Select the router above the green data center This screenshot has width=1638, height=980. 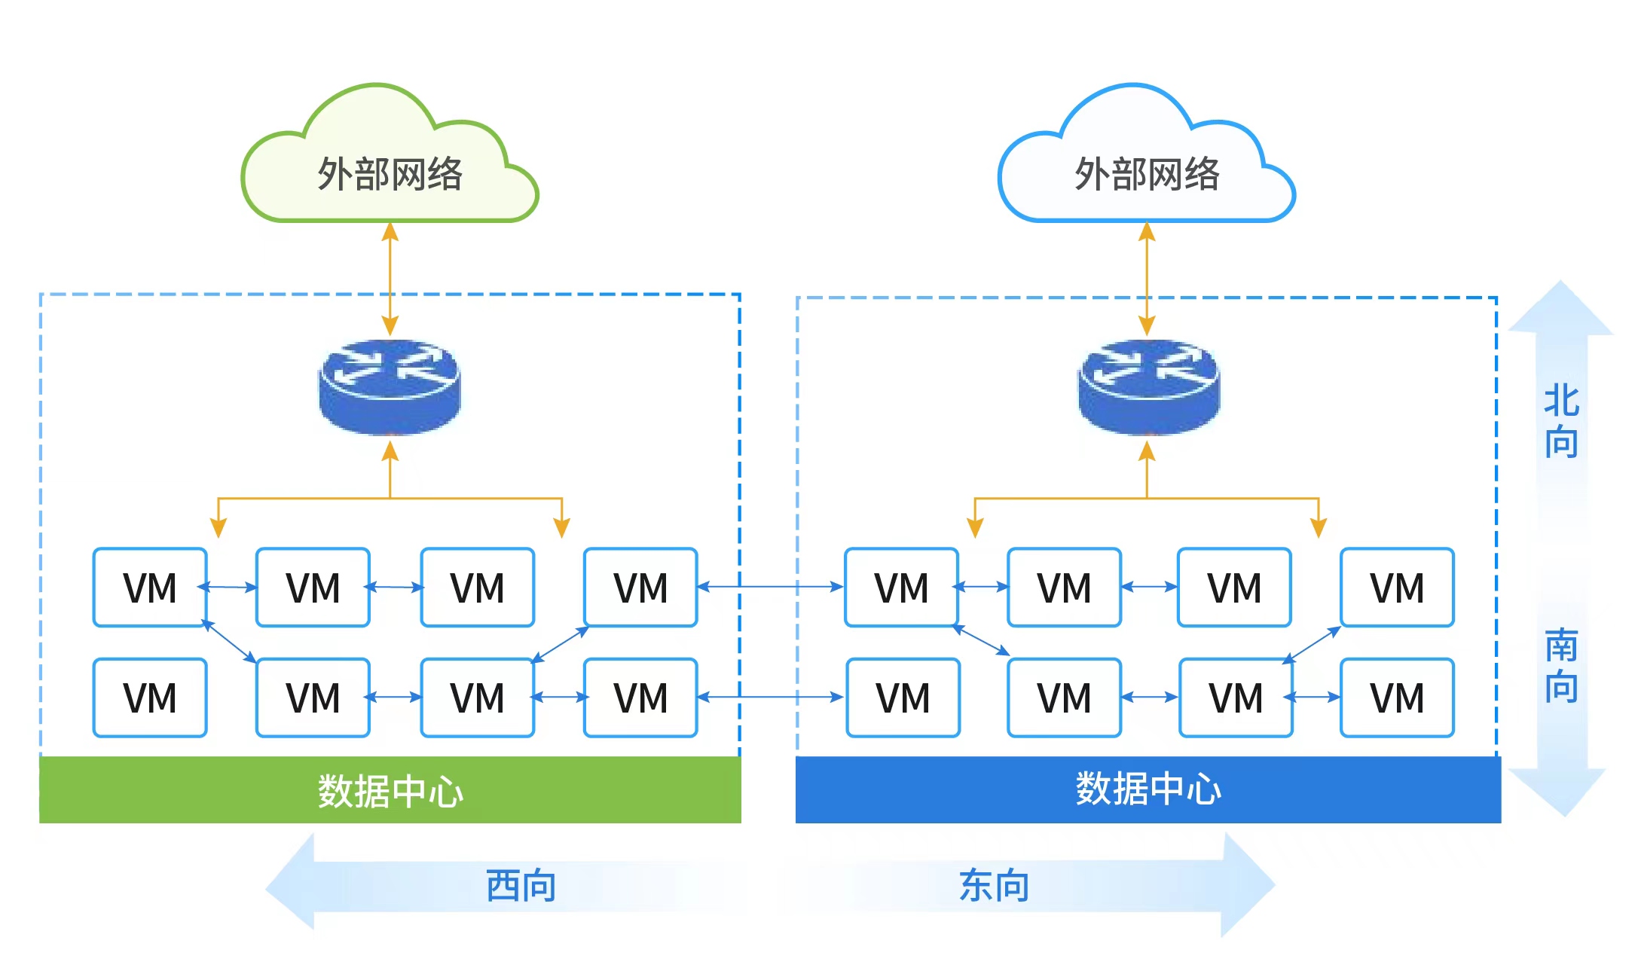(x=390, y=386)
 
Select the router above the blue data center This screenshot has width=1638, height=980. (x=1148, y=386)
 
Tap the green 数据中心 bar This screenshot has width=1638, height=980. (x=390, y=790)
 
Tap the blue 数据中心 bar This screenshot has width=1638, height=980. (x=1148, y=789)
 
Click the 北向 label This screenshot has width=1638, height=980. (x=1560, y=421)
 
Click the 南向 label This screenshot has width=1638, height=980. (x=1560, y=665)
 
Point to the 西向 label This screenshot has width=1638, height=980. (x=521, y=885)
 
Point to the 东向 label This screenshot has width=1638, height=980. (x=994, y=885)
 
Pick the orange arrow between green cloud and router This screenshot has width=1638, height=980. (x=390, y=279)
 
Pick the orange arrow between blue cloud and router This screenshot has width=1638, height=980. (x=1147, y=279)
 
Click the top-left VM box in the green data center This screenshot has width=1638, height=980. (x=150, y=588)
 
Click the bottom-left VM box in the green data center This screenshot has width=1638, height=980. (x=150, y=698)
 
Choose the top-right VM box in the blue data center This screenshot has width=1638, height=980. (x=1397, y=588)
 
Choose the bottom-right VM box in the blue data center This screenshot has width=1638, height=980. (x=1397, y=698)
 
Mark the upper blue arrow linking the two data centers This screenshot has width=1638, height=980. (x=770, y=586)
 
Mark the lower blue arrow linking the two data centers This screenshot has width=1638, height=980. (x=770, y=697)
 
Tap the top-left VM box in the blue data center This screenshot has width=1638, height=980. (x=901, y=588)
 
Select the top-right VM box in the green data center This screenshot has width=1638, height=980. (x=640, y=588)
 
